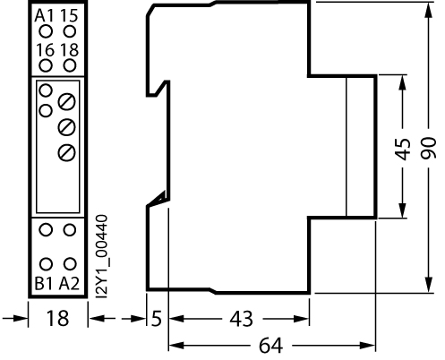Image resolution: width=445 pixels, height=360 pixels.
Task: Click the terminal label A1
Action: point(44,15)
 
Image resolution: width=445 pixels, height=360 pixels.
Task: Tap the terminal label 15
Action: point(69,15)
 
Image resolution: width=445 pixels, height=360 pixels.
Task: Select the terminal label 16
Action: point(46,50)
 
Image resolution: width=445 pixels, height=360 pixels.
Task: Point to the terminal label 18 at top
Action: point(70,50)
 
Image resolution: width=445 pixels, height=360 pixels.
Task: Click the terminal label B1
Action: point(44,284)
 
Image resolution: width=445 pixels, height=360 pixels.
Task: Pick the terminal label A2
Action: point(69,284)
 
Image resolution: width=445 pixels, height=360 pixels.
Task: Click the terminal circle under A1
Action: point(46,31)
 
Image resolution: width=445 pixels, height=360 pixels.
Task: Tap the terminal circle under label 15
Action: point(70,31)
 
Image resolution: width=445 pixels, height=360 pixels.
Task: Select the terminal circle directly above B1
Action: point(46,264)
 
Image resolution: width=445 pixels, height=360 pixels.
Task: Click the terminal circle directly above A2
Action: point(70,264)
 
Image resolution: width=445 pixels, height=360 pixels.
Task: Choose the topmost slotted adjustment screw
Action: point(66,102)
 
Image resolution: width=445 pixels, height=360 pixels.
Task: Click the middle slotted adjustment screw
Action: point(66,127)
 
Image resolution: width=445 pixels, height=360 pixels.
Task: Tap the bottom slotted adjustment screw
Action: point(66,152)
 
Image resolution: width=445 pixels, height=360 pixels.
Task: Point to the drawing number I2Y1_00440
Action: point(102,256)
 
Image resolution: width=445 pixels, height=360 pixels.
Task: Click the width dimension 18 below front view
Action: point(57,318)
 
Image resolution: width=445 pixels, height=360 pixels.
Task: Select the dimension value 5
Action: point(157,318)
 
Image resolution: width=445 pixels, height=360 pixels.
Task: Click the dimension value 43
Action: point(242,318)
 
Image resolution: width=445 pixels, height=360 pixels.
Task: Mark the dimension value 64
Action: point(270,346)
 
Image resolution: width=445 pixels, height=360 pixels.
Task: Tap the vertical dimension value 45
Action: point(403,149)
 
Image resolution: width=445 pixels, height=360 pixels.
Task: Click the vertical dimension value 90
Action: point(429,148)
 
